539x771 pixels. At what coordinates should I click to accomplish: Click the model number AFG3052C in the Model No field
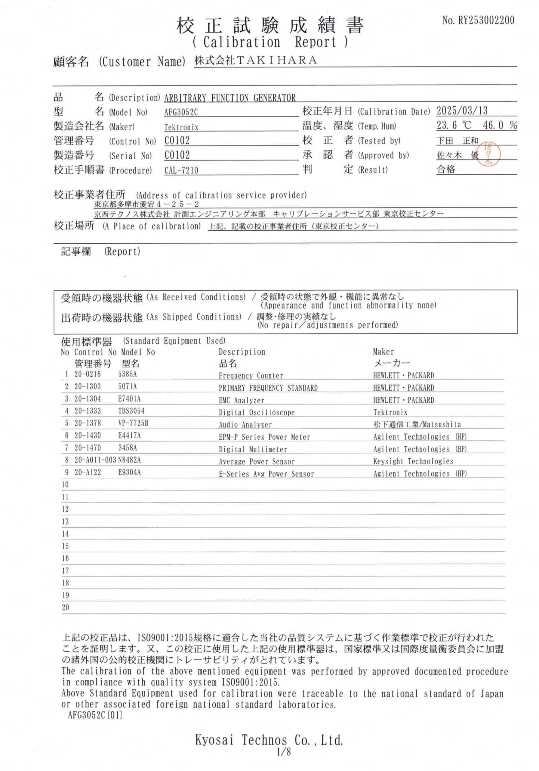(181, 113)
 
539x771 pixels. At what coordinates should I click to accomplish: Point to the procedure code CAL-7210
(181, 170)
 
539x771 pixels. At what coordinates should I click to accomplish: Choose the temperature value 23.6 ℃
(454, 126)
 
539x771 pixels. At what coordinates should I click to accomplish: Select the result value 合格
(446, 169)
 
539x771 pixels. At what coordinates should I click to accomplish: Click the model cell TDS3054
(131, 411)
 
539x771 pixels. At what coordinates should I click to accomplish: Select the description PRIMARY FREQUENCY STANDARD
(268, 388)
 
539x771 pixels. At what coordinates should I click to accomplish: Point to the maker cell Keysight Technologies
(413, 461)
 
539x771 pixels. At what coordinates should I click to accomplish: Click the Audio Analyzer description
(245, 425)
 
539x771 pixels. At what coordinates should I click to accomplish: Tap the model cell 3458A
(128, 448)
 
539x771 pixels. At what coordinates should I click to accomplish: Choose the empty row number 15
(65, 546)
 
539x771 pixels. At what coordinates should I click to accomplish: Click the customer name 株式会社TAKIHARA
(256, 60)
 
